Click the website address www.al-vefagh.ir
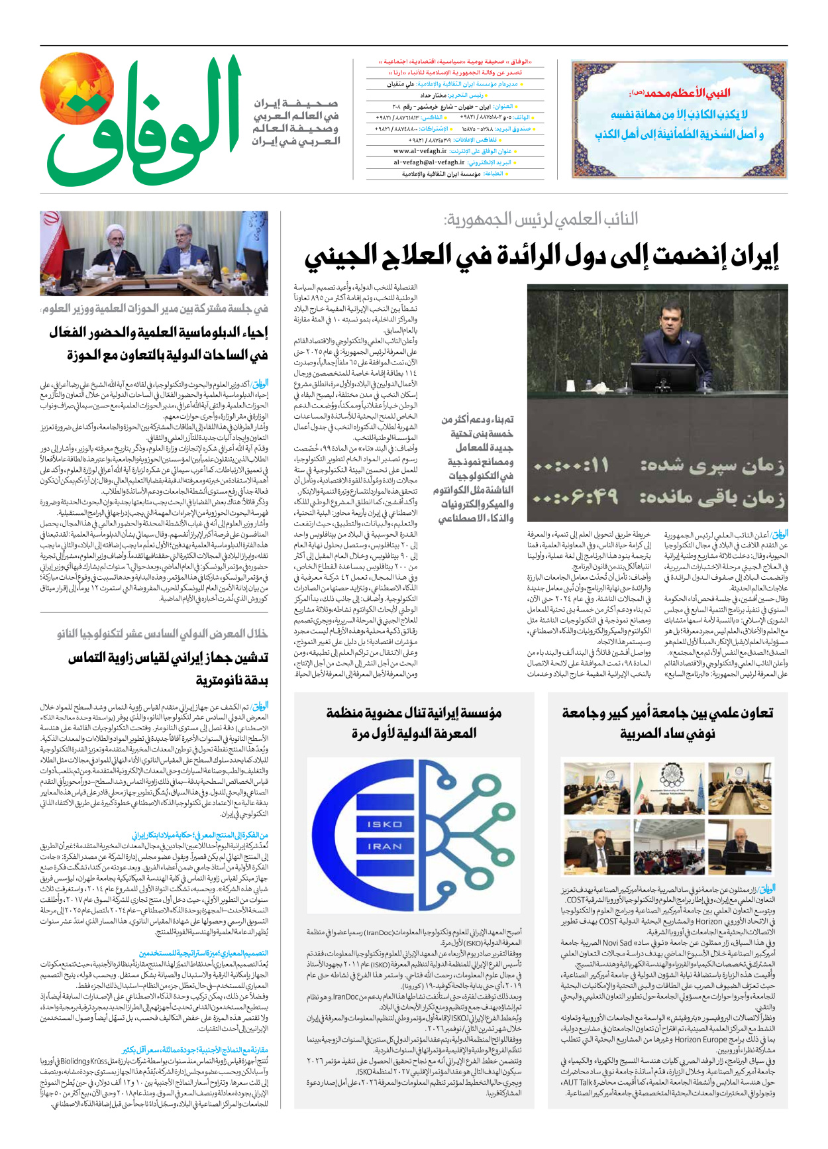click(x=421, y=151)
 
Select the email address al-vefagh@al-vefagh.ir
click(x=429, y=162)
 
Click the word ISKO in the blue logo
click(x=385, y=824)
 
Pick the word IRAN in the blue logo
click(x=385, y=846)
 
